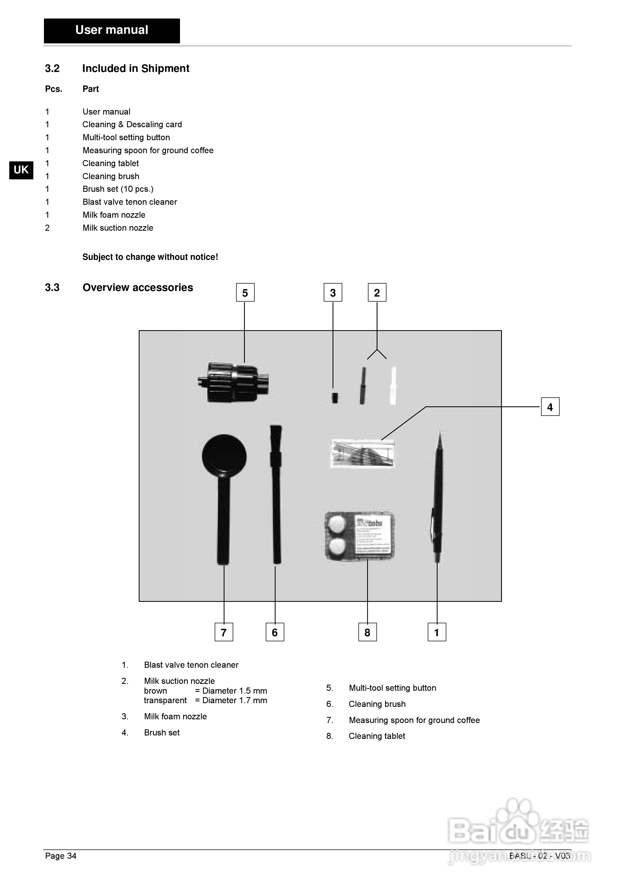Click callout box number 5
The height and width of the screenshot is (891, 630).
pos(245,293)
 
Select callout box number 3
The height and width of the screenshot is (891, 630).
pos(333,293)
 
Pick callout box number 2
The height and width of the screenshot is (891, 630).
pos(377,293)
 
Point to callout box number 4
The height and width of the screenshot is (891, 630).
pos(550,407)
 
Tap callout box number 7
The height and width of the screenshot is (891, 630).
pos(224,632)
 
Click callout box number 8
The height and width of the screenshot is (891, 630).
pos(367,632)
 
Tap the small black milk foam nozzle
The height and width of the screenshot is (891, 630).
pos(335,398)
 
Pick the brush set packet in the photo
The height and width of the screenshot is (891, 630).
pos(362,454)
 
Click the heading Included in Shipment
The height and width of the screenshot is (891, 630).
pos(136,69)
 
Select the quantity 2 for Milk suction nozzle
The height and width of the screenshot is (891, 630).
pos(47,228)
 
